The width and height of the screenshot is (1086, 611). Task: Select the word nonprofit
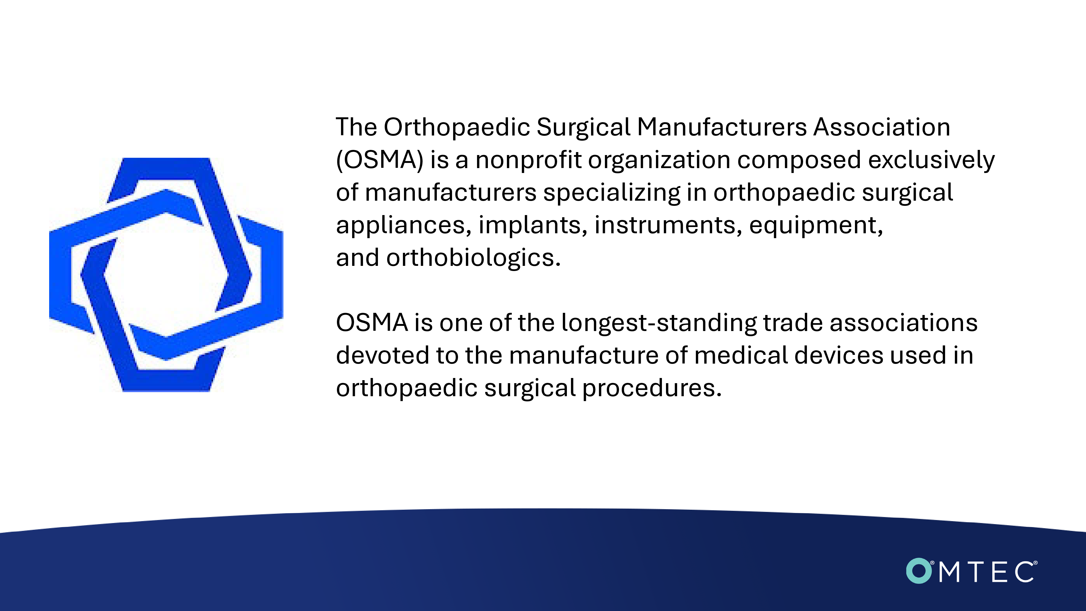click(x=528, y=160)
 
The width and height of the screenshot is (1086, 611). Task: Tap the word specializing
click(x=612, y=193)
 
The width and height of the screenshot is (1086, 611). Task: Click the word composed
click(x=799, y=160)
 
